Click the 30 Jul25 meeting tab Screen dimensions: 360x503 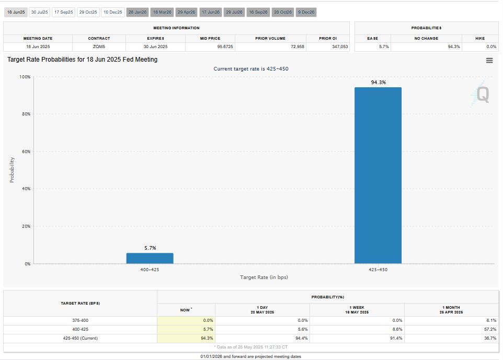pos(39,12)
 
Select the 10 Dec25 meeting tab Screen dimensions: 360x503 pos(112,12)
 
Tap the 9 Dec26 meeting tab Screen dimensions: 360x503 pos(306,12)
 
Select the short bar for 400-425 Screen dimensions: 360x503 pos(150,258)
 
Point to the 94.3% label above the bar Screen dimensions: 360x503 pos(378,82)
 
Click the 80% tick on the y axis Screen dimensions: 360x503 pos(26,114)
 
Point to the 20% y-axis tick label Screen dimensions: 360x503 pos(26,226)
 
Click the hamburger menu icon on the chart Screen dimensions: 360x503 pos(489,61)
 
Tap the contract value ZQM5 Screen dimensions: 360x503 pos(99,47)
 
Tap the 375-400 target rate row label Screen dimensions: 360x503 pos(80,320)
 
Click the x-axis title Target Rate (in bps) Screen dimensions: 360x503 pos(264,277)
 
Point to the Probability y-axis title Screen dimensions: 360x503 pos(12,170)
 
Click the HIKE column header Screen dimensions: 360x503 pos(479,38)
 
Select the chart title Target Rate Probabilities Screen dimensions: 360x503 pos(82,60)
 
